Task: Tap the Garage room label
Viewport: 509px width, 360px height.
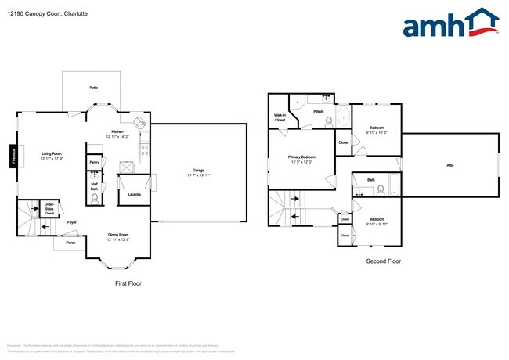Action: pyautogui.click(x=199, y=171)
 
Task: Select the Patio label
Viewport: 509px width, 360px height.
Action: pyautogui.click(x=93, y=88)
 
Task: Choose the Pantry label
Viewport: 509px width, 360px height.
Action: pyautogui.click(x=94, y=163)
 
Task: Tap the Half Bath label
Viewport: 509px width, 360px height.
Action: pyautogui.click(x=94, y=186)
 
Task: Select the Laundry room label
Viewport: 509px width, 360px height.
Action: pyautogui.click(x=134, y=194)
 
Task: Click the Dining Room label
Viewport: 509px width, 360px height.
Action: pyautogui.click(x=118, y=236)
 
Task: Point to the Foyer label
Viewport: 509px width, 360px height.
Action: pyautogui.click(x=71, y=223)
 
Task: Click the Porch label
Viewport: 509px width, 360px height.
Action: pyautogui.click(x=70, y=243)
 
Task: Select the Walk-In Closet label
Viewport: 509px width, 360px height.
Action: pyautogui.click(x=280, y=117)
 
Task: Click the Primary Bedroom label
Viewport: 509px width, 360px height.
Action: pyautogui.click(x=301, y=159)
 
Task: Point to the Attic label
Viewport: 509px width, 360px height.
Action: pyautogui.click(x=450, y=165)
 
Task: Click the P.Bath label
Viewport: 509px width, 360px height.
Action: pyautogui.click(x=319, y=112)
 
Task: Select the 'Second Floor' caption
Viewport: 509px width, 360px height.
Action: pyautogui.click(x=384, y=261)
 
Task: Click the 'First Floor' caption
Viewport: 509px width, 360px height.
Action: pyautogui.click(x=128, y=283)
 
